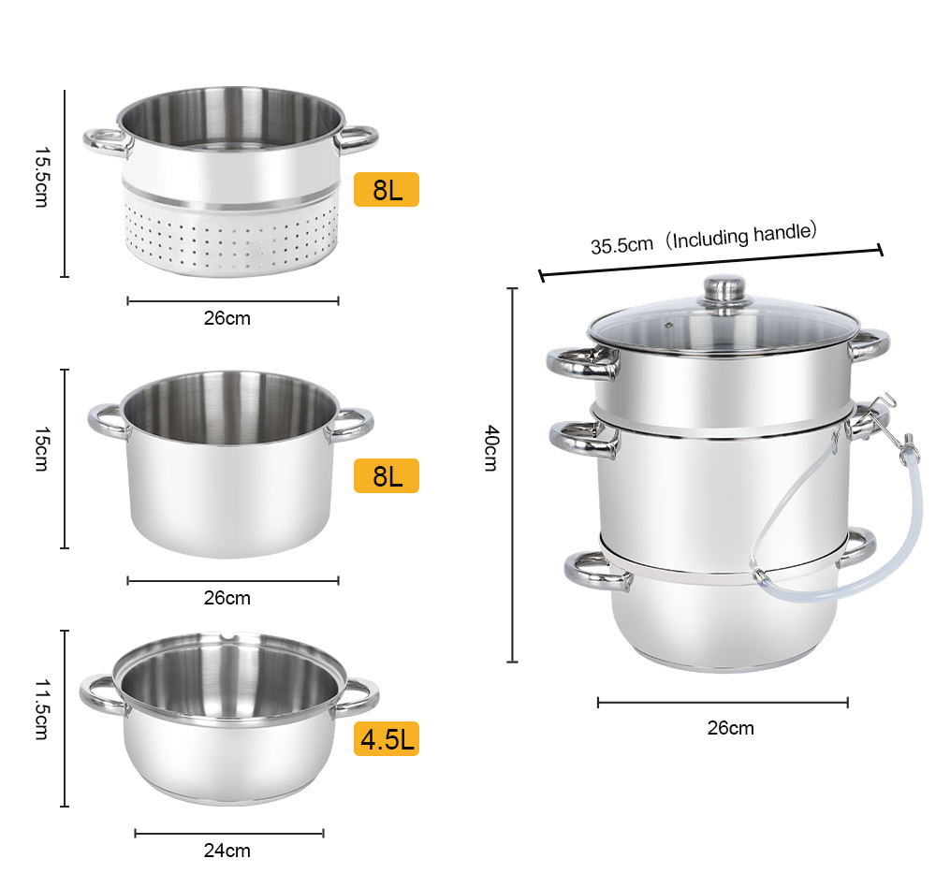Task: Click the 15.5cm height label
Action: (41, 177)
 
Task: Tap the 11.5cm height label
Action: (41, 709)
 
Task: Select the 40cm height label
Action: (490, 448)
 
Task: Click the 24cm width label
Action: (227, 851)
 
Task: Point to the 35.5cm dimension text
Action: (622, 245)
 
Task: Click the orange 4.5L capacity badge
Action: (387, 739)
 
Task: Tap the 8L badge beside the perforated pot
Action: (387, 190)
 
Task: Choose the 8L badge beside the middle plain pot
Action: (387, 476)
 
